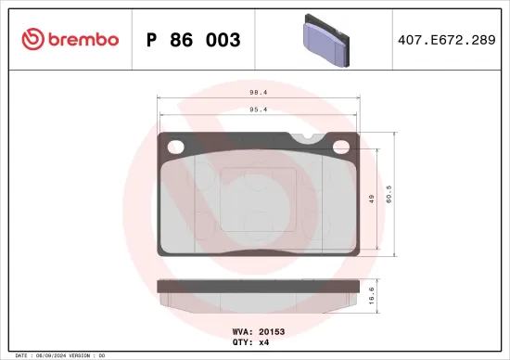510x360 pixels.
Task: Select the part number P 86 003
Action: (194, 40)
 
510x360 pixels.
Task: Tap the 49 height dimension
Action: (372, 199)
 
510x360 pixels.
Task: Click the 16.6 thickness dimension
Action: (372, 296)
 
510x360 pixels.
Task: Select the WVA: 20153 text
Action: (256, 330)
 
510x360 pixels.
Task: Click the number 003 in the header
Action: (223, 40)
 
